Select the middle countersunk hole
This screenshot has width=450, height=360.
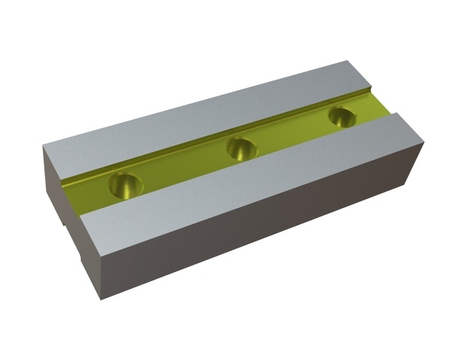[242, 148]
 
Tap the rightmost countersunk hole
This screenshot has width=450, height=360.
[342, 117]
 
